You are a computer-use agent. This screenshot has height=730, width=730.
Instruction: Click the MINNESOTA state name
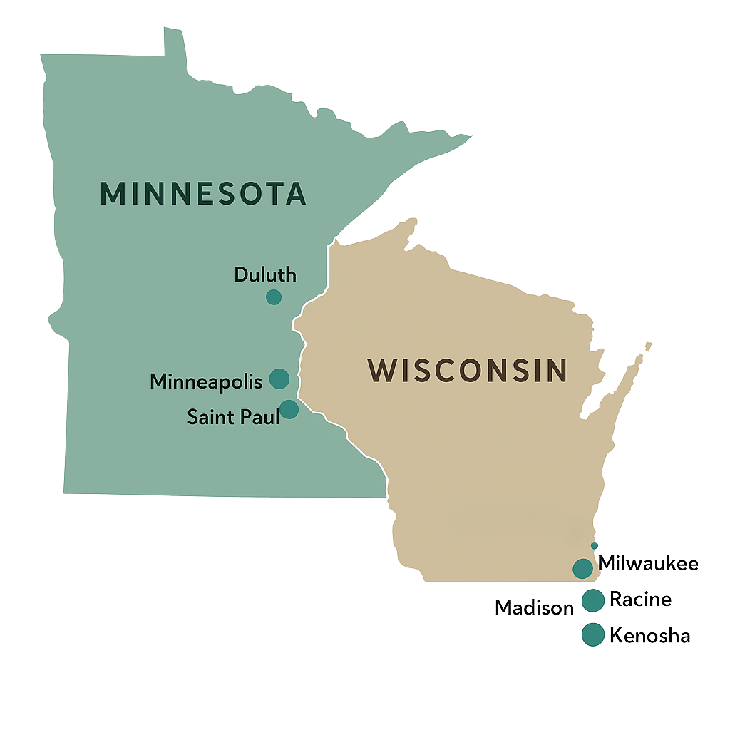tap(203, 194)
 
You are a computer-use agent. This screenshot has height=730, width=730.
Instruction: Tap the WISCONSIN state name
tap(468, 371)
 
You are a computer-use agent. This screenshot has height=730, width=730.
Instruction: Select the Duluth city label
tap(265, 274)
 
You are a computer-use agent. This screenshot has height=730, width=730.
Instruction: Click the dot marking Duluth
tap(274, 297)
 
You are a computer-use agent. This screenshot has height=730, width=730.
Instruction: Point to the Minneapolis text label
tap(206, 381)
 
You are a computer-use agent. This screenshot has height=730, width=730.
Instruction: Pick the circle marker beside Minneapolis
tap(279, 379)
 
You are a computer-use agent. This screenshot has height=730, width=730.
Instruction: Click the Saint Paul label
tap(233, 417)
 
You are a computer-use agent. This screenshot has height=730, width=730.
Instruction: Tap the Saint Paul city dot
tap(289, 409)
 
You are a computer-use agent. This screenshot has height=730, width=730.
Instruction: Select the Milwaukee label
tap(648, 564)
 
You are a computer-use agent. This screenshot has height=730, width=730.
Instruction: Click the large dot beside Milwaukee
tap(582, 568)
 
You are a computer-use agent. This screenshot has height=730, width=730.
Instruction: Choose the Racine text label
tap(640, 600)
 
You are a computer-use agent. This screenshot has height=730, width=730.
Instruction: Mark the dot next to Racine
tap(593, 600)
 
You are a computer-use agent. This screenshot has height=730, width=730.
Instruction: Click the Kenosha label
tap(649, 635)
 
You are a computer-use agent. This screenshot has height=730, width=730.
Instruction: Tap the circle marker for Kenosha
tap(592, 634)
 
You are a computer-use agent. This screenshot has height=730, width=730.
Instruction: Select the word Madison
tap(535, 607)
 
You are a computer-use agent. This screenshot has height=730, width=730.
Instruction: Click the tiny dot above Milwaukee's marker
tap(595, 546)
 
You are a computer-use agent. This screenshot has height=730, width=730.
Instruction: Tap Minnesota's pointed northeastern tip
tap(467, 136)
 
